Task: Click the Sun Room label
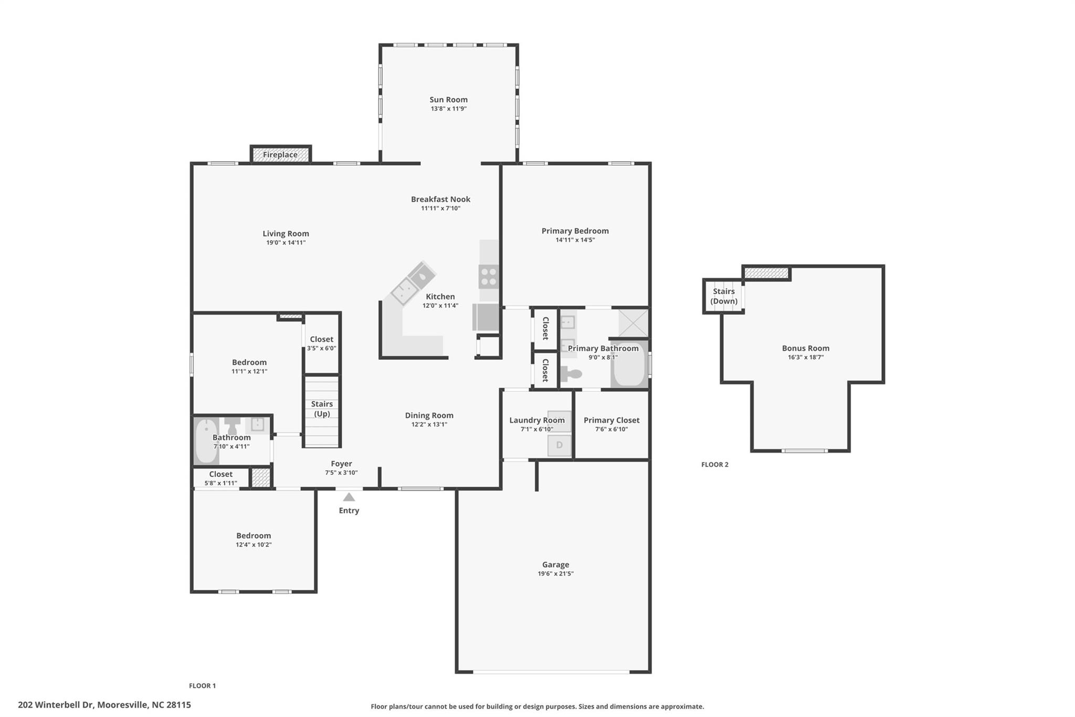point(448,100)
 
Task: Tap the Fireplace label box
point(280,154)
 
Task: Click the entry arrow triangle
point(349,497)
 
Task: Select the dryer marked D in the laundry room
point(559,445)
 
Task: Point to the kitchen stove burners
point(489,277)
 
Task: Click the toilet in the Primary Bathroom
point(572,374)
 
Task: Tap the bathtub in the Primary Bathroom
point(629,363)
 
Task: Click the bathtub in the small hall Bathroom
point(205,441)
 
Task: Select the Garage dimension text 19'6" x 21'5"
point(555,574)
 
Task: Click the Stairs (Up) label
point(322,409)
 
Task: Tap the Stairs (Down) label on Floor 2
point(724,296)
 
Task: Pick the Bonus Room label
point(806,348)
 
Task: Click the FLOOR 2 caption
point(715,464)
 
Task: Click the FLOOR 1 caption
point(203,685)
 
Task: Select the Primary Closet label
point(612,420)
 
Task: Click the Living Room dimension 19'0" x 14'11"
point(286,243)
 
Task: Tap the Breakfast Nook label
point(440,199)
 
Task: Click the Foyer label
point(341,464)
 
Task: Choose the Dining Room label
point(429,415)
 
